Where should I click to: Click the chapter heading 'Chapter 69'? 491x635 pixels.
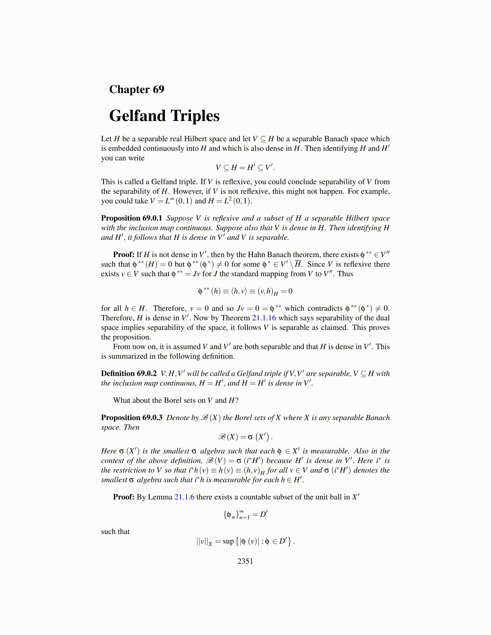click(136, 89)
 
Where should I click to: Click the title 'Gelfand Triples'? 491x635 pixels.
click(164, 116)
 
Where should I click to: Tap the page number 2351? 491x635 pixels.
click(245, 561)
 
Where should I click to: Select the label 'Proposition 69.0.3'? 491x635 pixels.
click(132, 418)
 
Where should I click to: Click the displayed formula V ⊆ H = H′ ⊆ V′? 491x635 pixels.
click(245, 168)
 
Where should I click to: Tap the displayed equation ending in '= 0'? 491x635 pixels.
click(245, 291)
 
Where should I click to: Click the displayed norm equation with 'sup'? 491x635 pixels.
click(245, 541)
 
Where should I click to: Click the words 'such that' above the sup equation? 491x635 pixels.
click(115, 532)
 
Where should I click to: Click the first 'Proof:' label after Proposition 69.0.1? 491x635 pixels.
click(124, 255)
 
